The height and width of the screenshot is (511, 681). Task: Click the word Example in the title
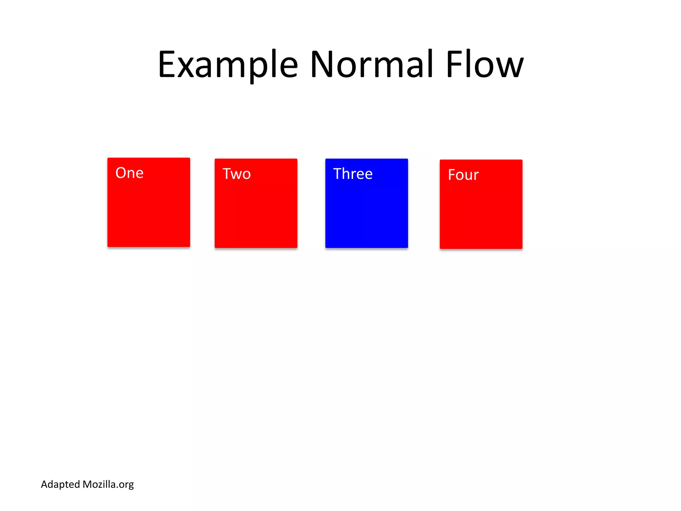(x=228, y=65)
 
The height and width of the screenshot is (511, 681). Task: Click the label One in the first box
(x=129, y=173)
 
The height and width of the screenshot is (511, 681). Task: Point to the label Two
(x=236, y=174)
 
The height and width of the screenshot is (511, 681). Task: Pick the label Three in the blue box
(x=353, y=174)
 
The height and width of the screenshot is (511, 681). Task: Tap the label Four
(x=463, y=175)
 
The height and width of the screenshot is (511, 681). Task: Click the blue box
(x=366, y=213)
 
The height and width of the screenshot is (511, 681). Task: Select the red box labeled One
(x=149, y=213)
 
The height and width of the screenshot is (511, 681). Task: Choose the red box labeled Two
(x=256, y=213)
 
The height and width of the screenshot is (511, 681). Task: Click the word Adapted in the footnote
(x=60, y=485)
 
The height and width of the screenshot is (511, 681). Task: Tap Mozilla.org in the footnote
(x=108, y=484)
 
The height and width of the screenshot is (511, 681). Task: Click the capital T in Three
(x=337, y=174)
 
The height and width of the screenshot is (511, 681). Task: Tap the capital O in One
(x=121, y=173)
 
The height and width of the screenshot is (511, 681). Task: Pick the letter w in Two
(x=236, y=175)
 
